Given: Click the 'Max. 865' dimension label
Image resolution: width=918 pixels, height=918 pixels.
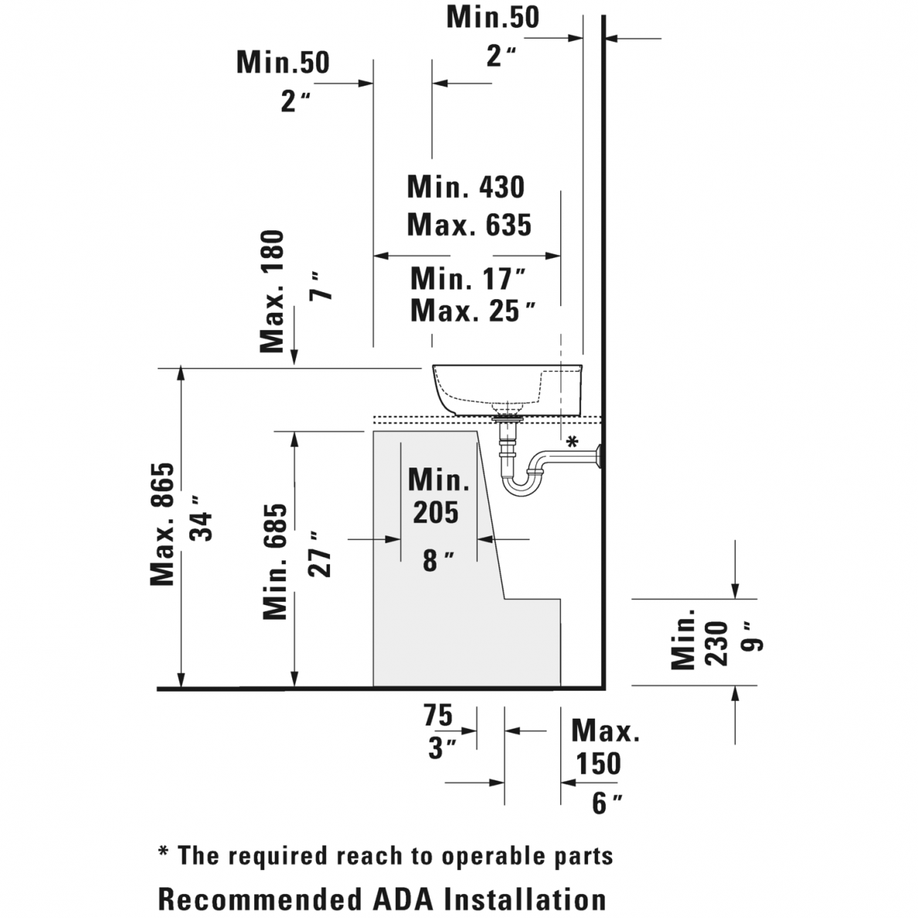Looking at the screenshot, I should (x=163, y=524).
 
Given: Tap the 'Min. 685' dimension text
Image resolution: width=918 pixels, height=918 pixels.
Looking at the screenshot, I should (x=275, y=561).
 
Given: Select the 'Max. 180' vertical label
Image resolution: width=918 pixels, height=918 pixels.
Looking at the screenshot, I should (x=273, y=291).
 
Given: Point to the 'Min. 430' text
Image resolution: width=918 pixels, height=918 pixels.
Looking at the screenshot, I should (x=465, y=187).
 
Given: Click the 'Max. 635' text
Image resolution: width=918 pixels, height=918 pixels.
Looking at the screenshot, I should (x=469, y=225).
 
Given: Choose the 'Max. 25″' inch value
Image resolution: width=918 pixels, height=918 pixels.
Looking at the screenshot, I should (x=473, y=311).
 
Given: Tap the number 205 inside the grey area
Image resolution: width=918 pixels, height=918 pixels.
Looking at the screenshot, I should (x=436, y=512).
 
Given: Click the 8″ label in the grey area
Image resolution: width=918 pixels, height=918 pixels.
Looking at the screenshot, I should (x=438, y=560).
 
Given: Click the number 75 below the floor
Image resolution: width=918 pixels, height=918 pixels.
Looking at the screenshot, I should (x=437, y=715).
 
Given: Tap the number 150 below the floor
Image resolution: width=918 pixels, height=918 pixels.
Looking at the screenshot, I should (x=598, y=763).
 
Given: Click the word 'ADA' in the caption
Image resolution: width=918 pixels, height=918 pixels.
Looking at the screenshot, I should (x=403, y=899).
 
